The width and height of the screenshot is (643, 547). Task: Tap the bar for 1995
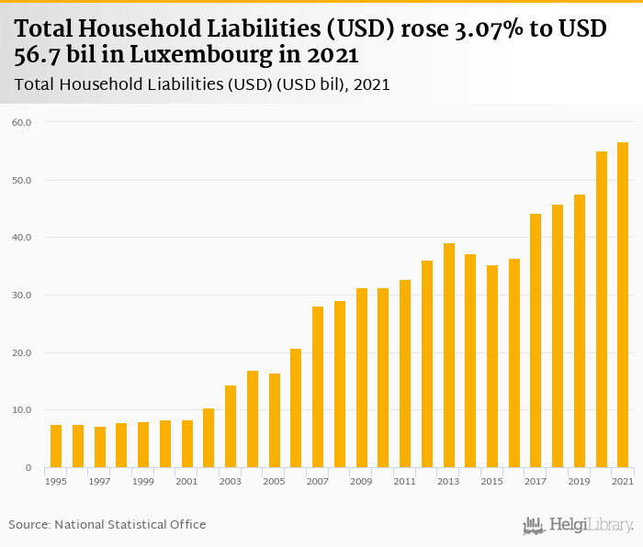56,446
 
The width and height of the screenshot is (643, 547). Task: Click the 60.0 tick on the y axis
22,122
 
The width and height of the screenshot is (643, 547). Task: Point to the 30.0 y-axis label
22,296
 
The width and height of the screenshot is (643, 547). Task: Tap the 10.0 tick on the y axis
22,410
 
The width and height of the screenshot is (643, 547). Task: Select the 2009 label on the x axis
361,481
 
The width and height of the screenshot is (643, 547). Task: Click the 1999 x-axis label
143,481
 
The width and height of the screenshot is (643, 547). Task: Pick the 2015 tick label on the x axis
492,481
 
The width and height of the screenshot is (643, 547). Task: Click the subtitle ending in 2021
203,84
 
